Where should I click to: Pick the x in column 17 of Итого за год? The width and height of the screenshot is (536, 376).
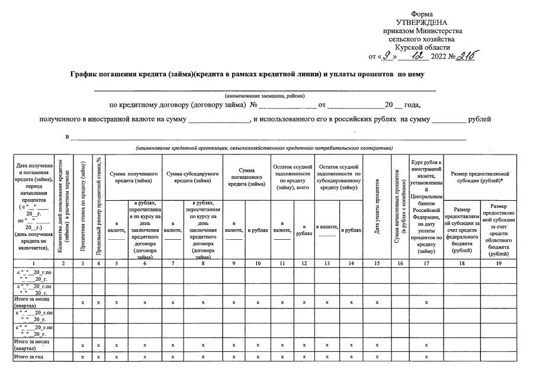click(426, 356)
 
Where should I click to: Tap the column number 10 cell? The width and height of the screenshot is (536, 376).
click(257, 262)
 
